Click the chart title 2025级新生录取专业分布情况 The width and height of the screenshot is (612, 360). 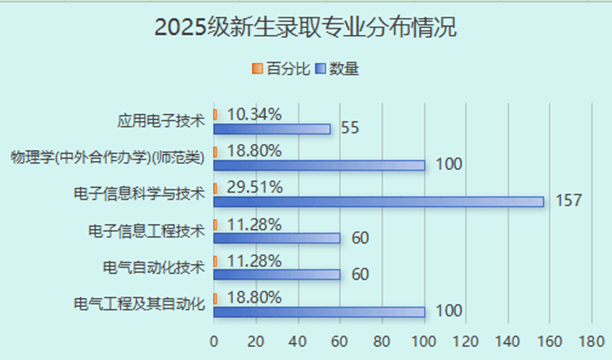305,28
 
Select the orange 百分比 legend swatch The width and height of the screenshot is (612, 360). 257,68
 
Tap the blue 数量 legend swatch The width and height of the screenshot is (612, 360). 321,68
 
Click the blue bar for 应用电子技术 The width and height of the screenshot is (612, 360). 272,129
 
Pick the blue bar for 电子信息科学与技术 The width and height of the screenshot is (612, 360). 378,202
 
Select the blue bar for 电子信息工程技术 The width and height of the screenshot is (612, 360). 277,238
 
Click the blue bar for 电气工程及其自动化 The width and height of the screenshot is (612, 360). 319,312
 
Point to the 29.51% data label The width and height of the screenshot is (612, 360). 255,187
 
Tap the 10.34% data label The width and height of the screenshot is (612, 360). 254,115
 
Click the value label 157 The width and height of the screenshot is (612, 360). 568,200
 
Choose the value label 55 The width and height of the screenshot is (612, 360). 350,128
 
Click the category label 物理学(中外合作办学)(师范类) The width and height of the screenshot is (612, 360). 108,158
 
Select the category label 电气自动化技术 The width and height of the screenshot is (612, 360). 154,267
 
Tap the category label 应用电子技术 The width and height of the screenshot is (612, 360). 161,121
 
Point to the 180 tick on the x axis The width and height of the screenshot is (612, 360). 592,341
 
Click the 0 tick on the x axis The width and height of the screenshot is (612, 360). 214,341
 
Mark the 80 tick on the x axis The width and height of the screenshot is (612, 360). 382,341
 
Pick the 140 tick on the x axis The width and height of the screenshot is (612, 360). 508,341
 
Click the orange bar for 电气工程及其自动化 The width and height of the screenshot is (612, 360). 215,299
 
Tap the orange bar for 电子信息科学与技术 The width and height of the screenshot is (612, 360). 215,188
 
